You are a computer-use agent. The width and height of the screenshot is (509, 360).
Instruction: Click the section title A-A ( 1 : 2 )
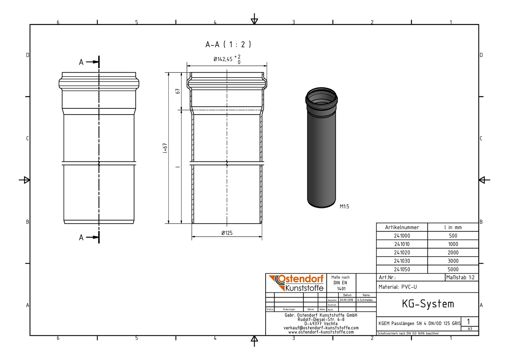228,44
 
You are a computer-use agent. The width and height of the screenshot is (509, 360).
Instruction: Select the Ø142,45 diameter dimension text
223,59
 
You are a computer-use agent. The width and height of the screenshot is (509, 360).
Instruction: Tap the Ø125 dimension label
227,233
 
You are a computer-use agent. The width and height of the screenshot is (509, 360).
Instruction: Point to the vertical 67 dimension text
178,91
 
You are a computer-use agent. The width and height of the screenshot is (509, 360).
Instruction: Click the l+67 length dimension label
165,148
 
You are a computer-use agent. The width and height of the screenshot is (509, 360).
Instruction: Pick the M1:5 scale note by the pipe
344,207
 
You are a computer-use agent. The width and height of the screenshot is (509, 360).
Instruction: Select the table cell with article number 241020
402,253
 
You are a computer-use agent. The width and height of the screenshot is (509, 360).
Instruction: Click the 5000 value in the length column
453,269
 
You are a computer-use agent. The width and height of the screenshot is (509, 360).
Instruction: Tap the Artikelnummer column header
402,227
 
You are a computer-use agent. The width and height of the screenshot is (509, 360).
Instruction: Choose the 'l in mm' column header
453,227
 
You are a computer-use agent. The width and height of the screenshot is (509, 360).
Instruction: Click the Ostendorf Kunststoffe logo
296,283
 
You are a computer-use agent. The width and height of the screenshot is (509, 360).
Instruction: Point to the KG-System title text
428,304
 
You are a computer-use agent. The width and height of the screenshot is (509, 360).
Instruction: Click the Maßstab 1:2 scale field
460,277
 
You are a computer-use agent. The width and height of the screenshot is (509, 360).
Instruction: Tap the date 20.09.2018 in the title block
346,300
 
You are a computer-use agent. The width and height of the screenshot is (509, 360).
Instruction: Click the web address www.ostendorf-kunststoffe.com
321,332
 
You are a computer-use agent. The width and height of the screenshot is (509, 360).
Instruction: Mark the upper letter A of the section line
81,62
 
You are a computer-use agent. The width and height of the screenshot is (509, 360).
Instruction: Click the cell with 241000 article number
402,236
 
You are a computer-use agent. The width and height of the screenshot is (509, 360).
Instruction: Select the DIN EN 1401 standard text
340,283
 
